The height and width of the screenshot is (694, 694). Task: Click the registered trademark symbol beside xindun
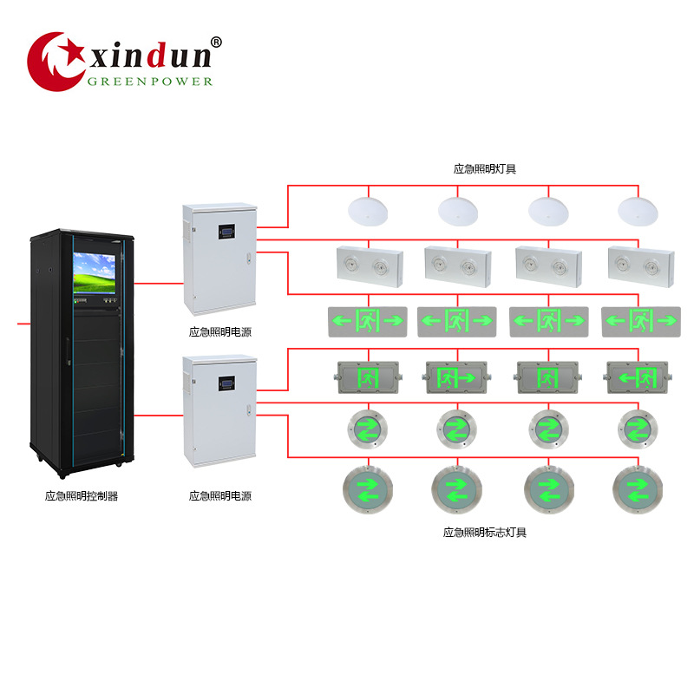click(x=216, y=42)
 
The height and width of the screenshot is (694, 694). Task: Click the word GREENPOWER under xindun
click(x=150, y=82)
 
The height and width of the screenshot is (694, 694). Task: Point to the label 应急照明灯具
click(x=485, y=169)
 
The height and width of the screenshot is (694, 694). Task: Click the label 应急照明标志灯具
click(x=485, y=533)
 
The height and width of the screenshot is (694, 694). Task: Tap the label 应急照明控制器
click(x=82, y=496)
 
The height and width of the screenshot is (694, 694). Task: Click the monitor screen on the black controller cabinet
click(x=94, y=273)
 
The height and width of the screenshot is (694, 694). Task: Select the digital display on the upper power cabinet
click(x=226, y=232)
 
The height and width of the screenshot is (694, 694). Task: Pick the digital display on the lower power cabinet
click(x=226, y=383)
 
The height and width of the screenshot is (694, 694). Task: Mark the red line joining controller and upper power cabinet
click(x=159, y=284)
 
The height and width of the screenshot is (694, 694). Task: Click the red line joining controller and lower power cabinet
click(x=159, y=416)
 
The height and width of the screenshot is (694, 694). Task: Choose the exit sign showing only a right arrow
click(x=456, y=378)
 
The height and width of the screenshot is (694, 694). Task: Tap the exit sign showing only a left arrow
click(x=638, y=378)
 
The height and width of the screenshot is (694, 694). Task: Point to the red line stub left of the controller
click(x=24, y=324)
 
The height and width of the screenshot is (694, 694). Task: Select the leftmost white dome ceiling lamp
click(x=368, y=212)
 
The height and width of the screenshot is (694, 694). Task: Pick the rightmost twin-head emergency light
click(x=641, y=267)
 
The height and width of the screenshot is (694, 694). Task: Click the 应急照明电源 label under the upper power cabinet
click(x=220, y=332)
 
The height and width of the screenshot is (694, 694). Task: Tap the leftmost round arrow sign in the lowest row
click(x=368, y=490)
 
